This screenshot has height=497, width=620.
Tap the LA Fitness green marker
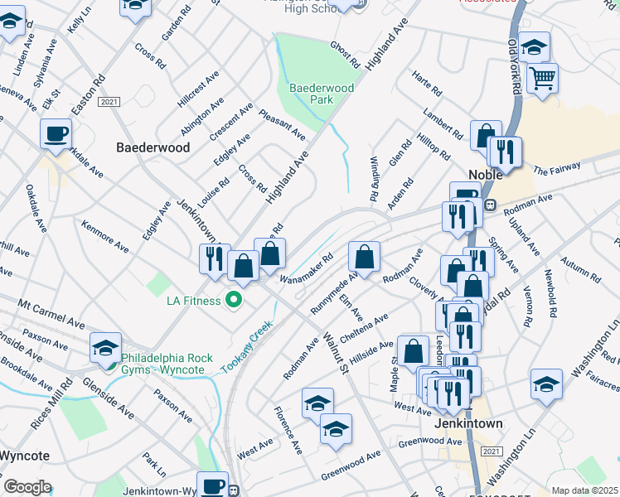[235, 299]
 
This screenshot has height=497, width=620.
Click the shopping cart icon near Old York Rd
[542, 80]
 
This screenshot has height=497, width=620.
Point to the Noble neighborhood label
[487, 175]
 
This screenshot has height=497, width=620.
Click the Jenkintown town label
[468, 423]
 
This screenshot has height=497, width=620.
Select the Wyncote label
[24, 456]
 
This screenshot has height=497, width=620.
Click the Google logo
[27, 487]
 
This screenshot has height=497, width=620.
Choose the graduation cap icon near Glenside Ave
[106, 347]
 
